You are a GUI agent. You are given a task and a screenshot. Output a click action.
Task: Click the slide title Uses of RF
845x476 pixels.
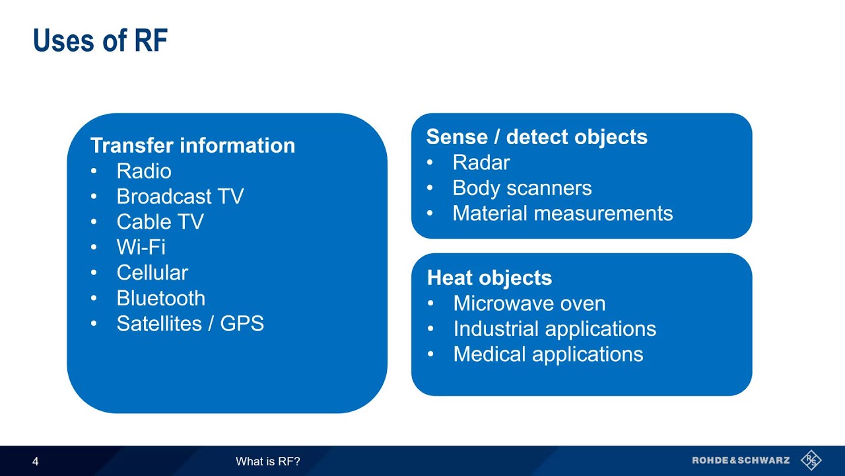100,41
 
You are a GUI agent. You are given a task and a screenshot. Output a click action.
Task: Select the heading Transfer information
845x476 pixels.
192,145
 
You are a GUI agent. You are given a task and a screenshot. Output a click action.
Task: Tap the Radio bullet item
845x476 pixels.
144,171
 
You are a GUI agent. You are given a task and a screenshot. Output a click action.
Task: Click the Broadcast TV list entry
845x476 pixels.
180,196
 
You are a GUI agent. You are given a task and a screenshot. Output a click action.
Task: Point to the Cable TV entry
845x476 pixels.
160,222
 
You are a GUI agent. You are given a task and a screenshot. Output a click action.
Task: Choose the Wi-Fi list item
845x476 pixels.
141,247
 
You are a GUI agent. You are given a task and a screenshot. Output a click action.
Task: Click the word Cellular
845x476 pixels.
152,273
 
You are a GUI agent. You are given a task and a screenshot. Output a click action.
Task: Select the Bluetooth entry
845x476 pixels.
160,298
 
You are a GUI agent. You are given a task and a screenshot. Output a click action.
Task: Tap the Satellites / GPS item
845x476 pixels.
190,323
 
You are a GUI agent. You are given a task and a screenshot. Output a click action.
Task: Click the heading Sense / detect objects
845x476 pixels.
537,137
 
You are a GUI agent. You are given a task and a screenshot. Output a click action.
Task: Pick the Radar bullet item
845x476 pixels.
481,163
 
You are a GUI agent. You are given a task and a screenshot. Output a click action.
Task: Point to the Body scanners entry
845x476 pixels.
522,188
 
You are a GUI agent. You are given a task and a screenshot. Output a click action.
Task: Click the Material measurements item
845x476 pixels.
562,214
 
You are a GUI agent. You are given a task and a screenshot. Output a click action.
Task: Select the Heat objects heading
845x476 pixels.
489,278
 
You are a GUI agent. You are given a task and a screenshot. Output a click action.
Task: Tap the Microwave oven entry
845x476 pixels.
529,303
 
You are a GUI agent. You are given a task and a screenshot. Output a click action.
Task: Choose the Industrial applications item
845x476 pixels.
555,329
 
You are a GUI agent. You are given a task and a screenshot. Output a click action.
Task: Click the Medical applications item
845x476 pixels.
548,354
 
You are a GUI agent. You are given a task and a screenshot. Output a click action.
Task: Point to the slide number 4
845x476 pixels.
36,461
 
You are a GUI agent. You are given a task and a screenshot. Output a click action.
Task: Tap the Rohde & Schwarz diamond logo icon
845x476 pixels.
811,460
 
